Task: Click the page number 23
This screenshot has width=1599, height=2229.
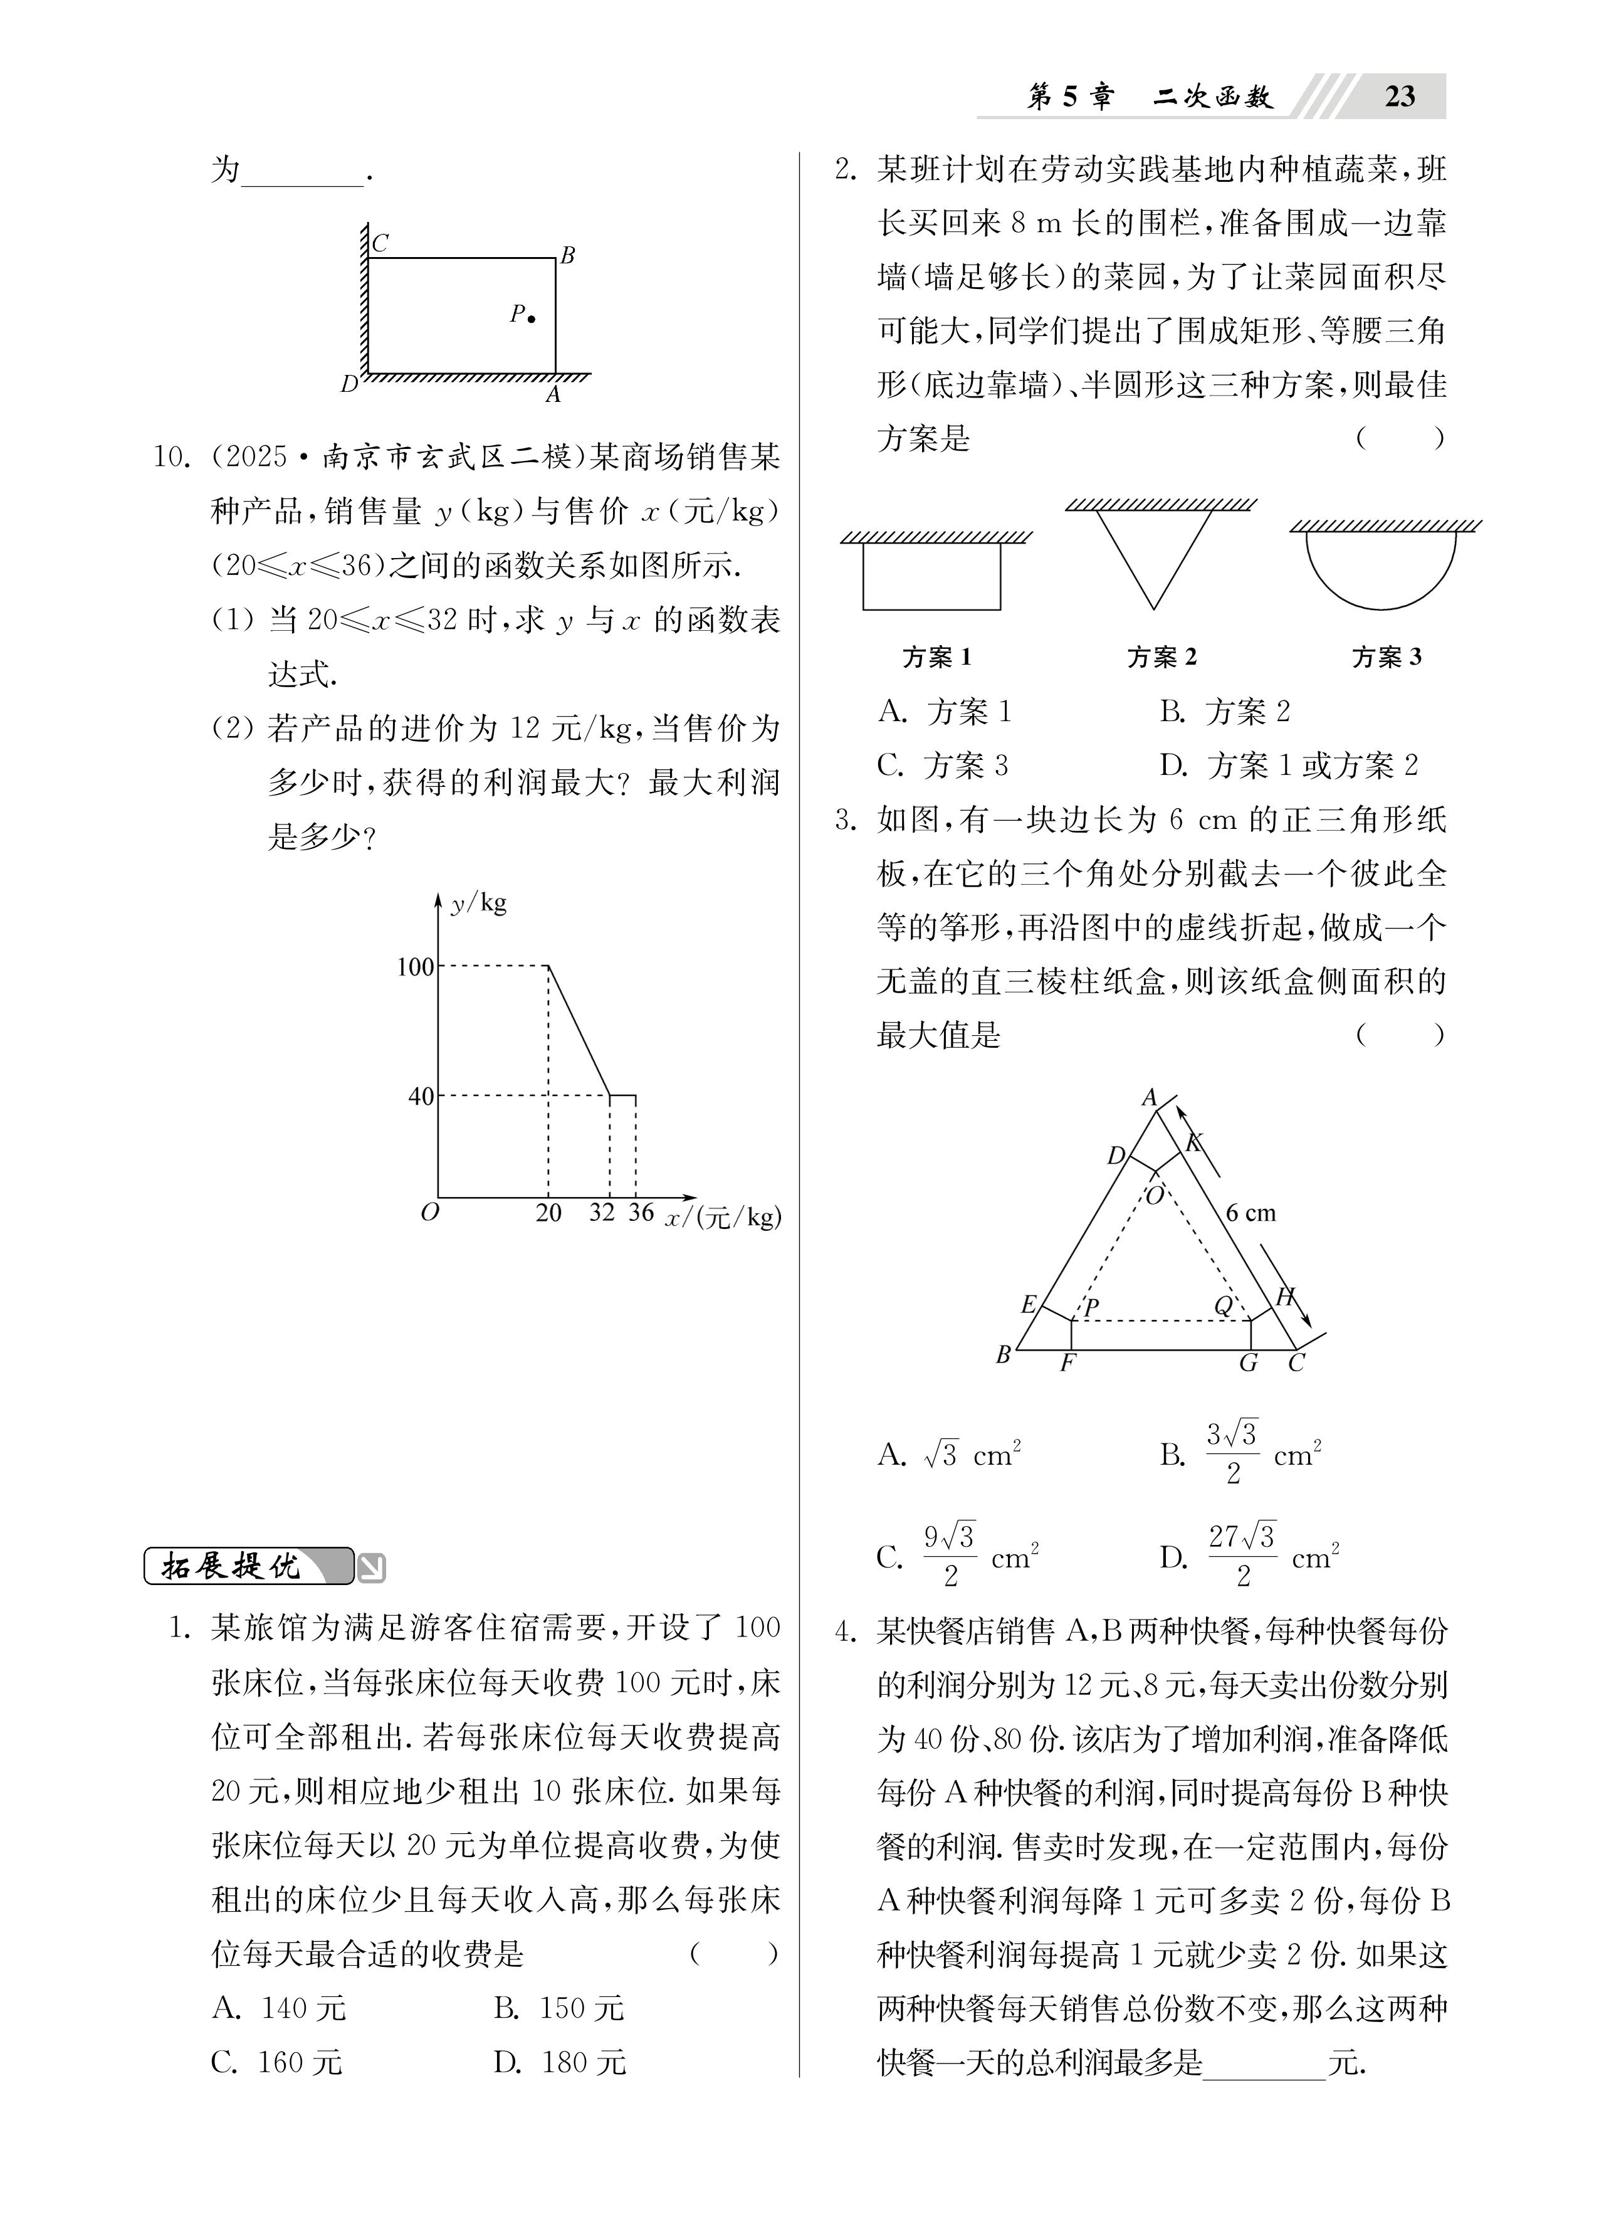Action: click(x=1400, y=97)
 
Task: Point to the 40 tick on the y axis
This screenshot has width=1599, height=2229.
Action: click(x=421, y=1096)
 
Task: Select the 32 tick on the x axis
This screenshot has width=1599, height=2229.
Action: click(x=602, y=1213)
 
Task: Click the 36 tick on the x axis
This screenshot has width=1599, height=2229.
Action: click(x=641, y=1213)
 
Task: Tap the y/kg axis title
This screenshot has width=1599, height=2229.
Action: click(x=479, y=902)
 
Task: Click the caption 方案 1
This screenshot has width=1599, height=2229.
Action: click(x=936, y=656)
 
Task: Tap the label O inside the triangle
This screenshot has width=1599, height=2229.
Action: click(x=1155, y=1195)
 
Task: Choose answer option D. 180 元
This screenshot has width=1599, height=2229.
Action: click(x=560, y=2062)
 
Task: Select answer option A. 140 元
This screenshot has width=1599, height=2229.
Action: click(x=279, y=2008)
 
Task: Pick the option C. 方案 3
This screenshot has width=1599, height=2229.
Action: click(x=943, y=764)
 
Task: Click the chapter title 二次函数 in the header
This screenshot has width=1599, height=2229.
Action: click(x=1214, y=97)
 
